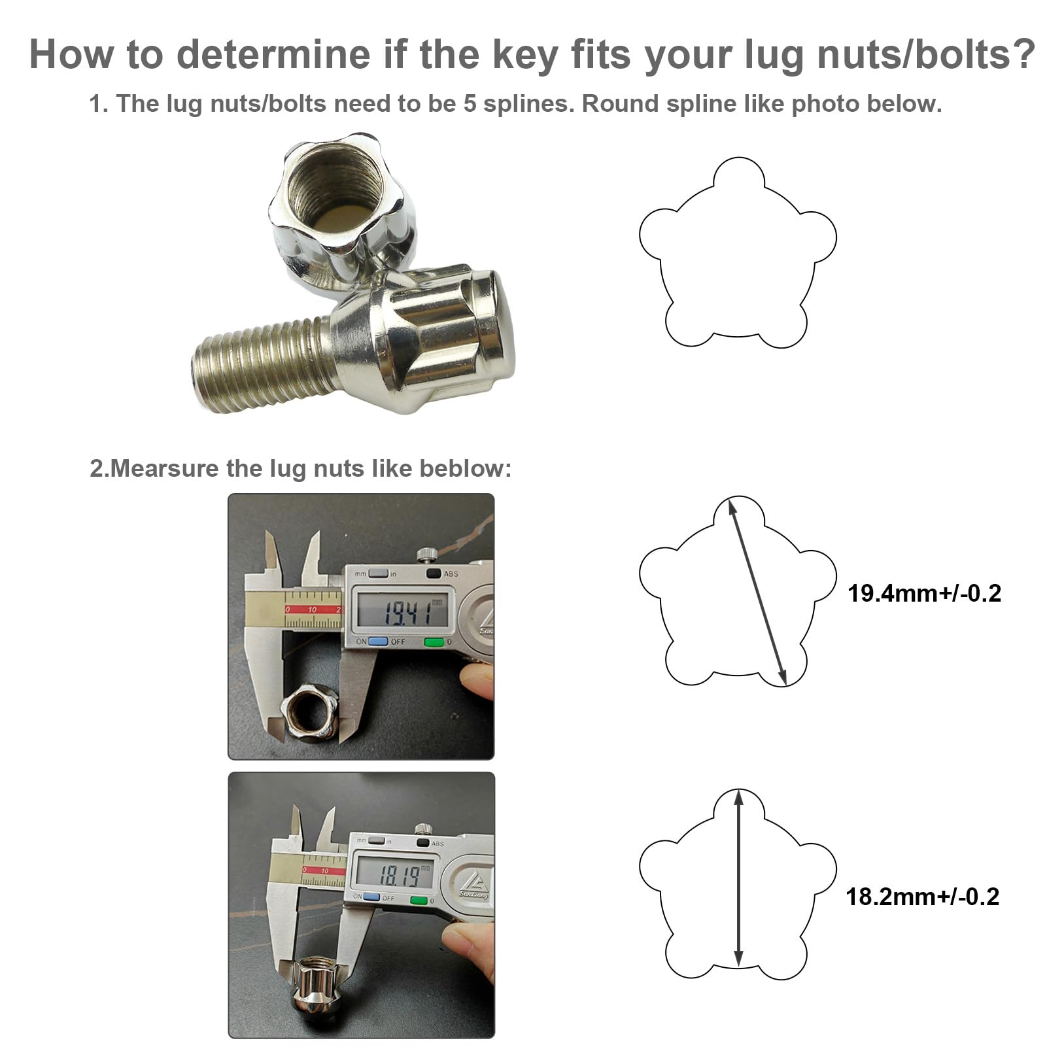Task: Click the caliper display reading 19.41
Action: click(400, 612)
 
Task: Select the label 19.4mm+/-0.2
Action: click(924, 593)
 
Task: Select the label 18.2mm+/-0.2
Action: click(922, 896)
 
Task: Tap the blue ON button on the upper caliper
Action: click(378, 642)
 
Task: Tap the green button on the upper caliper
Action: click(434, 642)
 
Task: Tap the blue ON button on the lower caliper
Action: click(371, 897)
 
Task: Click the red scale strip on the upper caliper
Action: click(312, 609)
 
